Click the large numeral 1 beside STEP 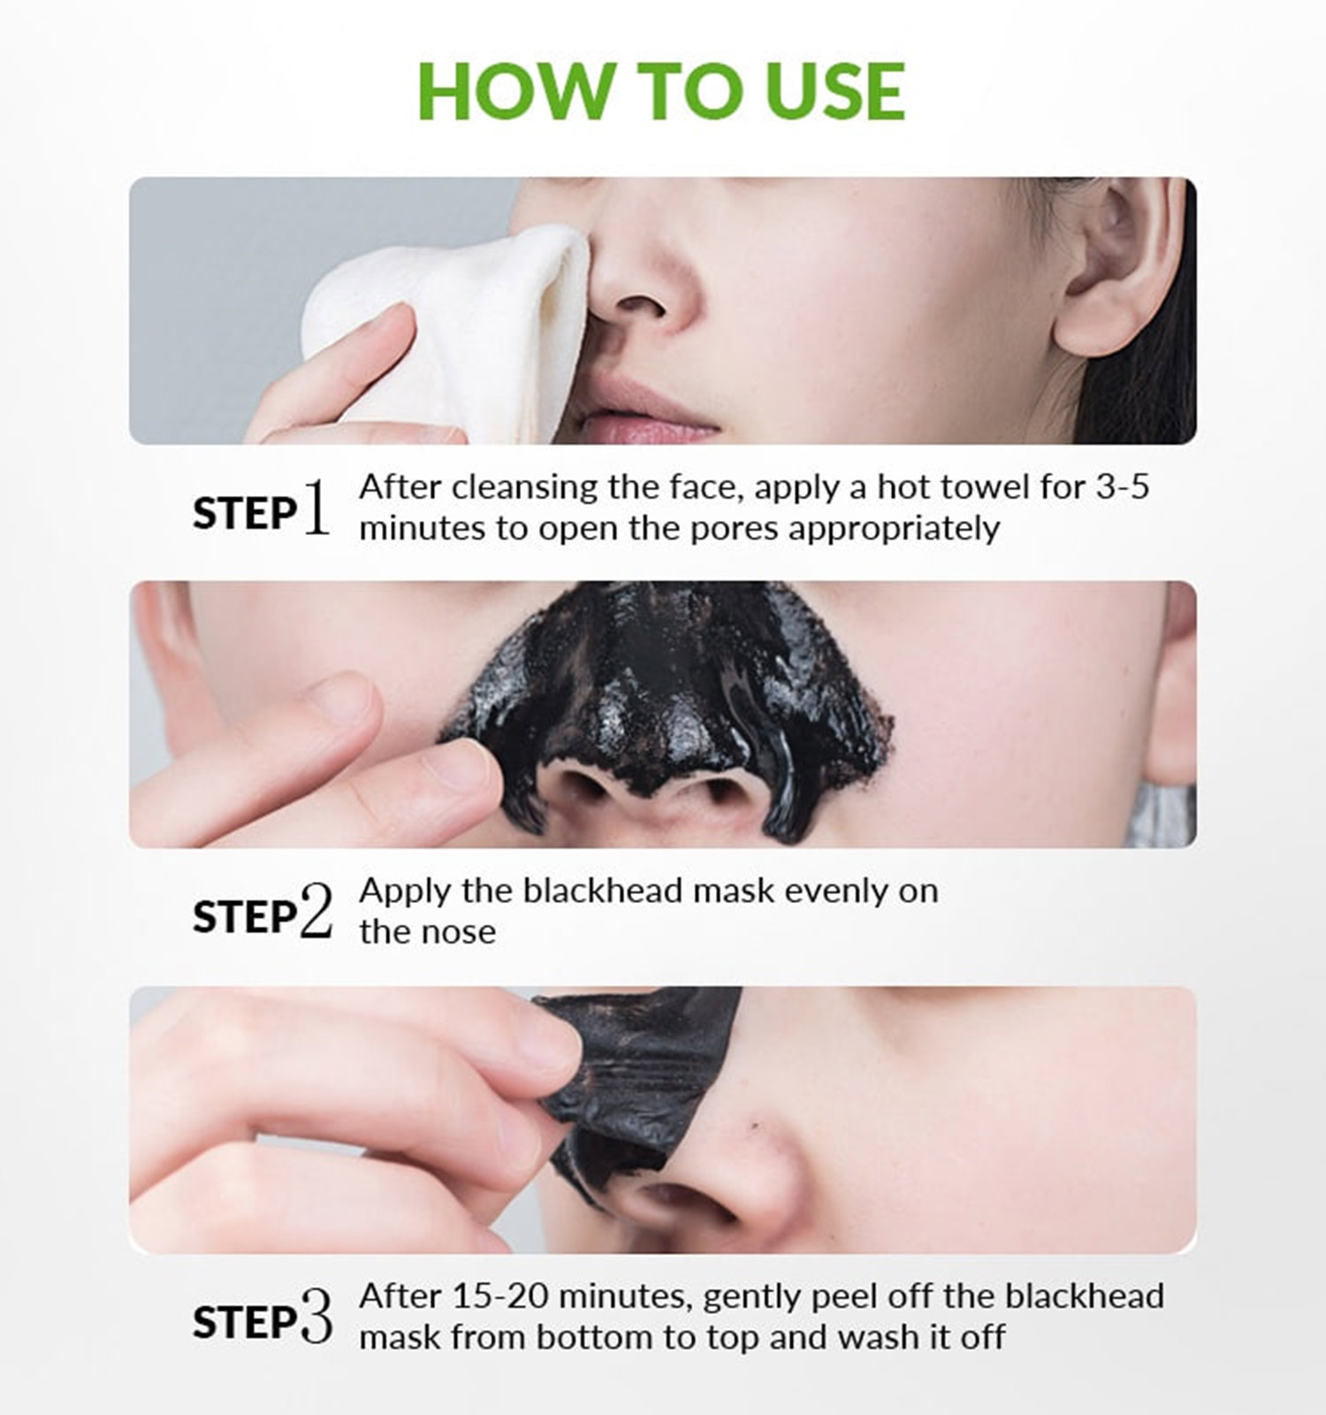(x=316, y=508)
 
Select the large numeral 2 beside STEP (x=316, y=911)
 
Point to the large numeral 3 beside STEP (x=316, y=1317)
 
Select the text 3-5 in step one (x=1122, y=486)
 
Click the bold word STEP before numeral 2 (x=245, y=917)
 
